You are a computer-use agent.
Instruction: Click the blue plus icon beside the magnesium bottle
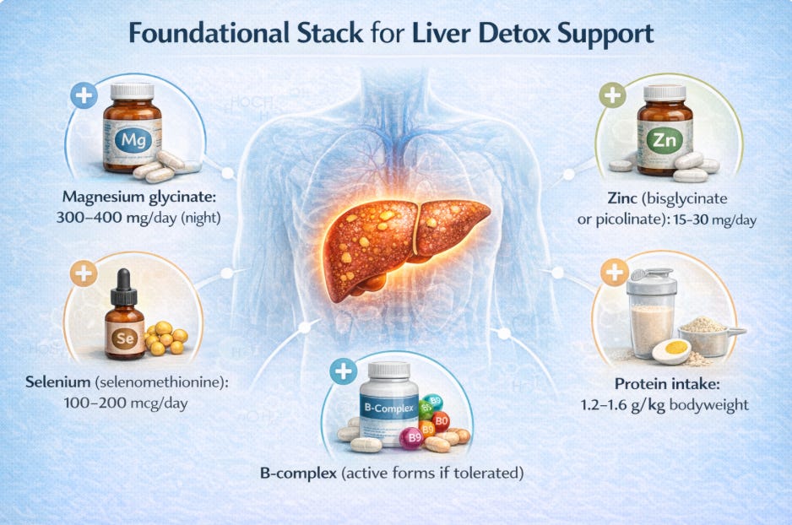pyautogui.click(x=84, y=95)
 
